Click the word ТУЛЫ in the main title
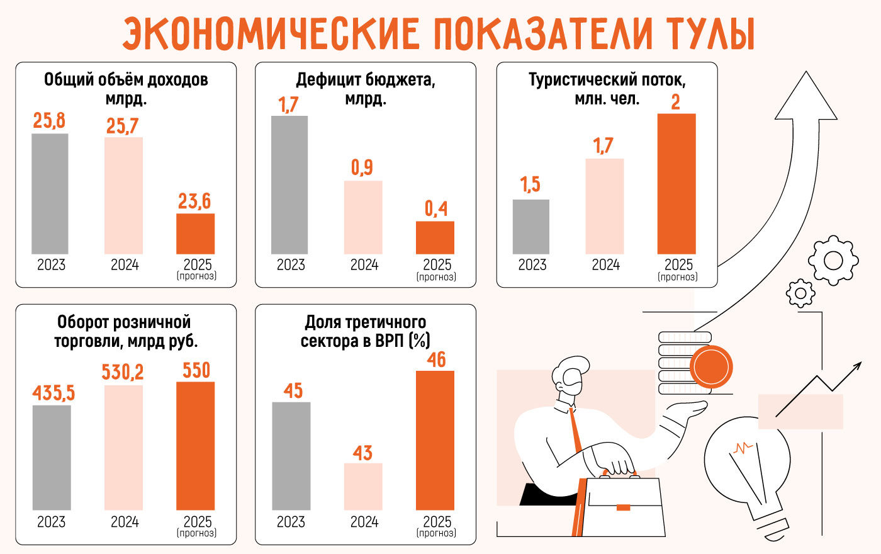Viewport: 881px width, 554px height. [709, 34]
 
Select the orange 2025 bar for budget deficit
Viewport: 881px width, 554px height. [435, 237]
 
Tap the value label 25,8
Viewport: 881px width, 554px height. [49, 120]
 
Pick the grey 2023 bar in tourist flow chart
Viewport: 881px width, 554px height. [531, 227]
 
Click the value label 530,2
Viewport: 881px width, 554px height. [123, 372]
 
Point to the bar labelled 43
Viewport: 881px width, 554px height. [363, 487]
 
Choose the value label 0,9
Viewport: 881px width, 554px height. [362, 167]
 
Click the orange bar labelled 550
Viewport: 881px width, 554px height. [195, 446]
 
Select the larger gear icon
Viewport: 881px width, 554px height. [833, 259]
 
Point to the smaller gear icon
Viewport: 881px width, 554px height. [800, 293]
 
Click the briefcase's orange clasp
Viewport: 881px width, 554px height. [623, 507]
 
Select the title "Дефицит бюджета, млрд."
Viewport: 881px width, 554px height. [365, 89]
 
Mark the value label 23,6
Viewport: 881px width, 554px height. [194, 201]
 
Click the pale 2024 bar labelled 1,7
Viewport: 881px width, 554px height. [604, 206]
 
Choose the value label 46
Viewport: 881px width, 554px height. [436, 359]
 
